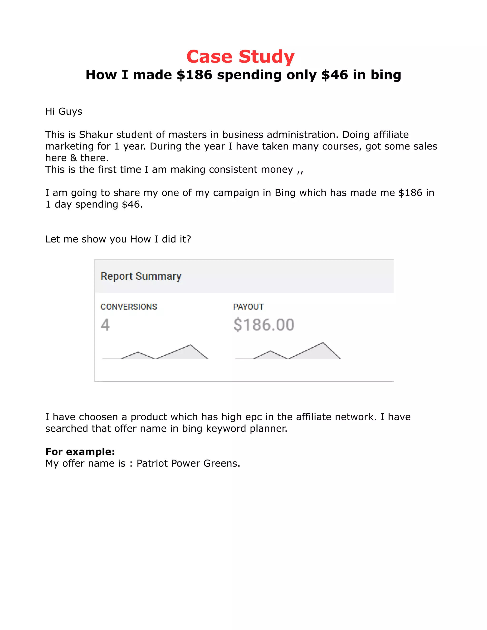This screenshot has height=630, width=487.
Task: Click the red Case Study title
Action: click(240, 57)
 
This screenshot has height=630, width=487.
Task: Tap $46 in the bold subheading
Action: click(334, 75)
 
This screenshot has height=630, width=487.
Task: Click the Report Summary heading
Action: click(141, 276)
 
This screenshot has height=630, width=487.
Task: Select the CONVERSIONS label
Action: click(129, 307)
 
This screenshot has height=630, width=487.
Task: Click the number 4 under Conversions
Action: click(105, 325)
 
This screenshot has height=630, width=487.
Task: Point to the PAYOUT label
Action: click(248, 307)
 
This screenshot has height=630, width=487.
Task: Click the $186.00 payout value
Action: click(264, 325)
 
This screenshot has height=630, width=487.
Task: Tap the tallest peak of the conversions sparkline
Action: click(190, 345)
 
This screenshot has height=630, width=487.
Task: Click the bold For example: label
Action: click(80, 452)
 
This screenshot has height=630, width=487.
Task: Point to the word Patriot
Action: click(152, 464)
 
